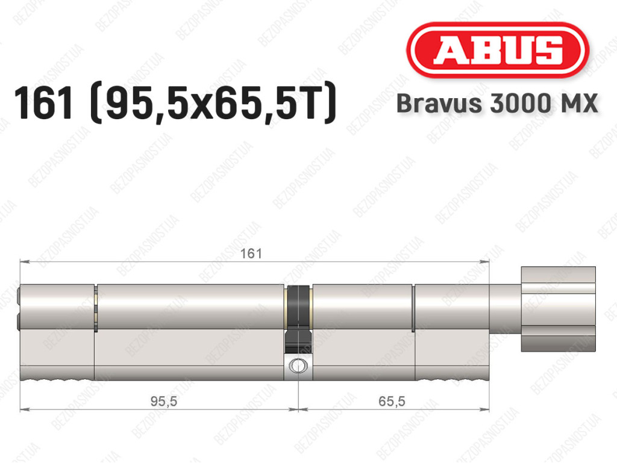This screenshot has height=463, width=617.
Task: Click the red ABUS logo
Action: tap(497, 50)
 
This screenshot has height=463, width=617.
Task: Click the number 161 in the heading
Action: tap(43, 103)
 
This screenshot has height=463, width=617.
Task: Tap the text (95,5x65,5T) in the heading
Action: tap(213, 104)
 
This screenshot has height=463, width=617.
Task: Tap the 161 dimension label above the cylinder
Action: tap(251, 253)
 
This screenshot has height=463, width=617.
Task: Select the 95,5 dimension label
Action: tap(164, 402)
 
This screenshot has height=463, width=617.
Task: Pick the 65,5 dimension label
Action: tap(392, 402)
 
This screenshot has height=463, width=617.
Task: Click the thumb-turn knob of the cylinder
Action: tap(558, 309)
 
